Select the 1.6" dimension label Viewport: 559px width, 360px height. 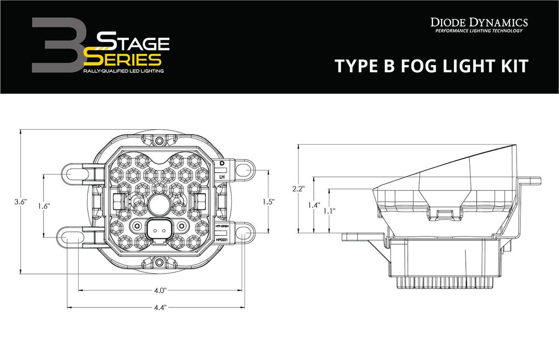pyautogui.click(x=43, y=205)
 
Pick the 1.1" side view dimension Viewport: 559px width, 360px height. pyautogui.click(x=328, y=211)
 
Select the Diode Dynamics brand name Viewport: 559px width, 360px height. pyautogui.click(x=479, y=22)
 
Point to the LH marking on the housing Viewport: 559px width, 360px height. pyautogui.click(x=222, y=177)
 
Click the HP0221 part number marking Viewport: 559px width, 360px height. pyautogui.click(x=222, y=239)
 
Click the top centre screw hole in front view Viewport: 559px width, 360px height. pyautogui.click(x=160, y=141)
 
